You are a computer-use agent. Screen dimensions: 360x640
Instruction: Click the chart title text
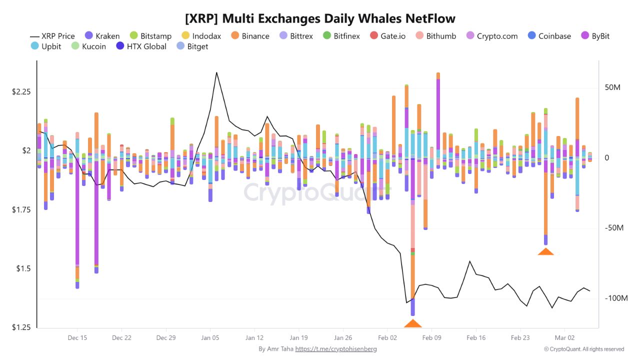pyautogui.click(x=320, y=19)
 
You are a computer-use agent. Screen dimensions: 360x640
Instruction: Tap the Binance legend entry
pyautogui.click(x=250, y=36)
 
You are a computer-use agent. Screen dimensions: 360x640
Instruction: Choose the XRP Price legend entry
pyautogui.click(x=52, y=36)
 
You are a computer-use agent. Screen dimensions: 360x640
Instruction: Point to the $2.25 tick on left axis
pyautogui.click(x=21, y=91)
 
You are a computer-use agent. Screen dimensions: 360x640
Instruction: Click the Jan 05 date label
pyautogui.click(x=210, y=338)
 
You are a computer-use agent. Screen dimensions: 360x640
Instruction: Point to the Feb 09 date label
pyautogui.click(x=432, y=338)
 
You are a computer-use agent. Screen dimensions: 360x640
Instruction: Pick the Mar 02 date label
pyautogui.click(x=564, y=338)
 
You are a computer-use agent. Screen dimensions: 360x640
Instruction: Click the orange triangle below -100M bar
pyautogui.click(x=412, y=323)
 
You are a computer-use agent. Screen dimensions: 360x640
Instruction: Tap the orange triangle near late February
pyautogui.click(x=545, y=251)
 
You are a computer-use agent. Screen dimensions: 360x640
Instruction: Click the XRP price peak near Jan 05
pyautogui.click(x=216, y=72)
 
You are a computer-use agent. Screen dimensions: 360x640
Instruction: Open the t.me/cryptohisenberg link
pyautogui.click(x=335, y=349)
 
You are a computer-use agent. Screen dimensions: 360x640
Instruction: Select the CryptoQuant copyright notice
pyautogui.click(x=583, y=349)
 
